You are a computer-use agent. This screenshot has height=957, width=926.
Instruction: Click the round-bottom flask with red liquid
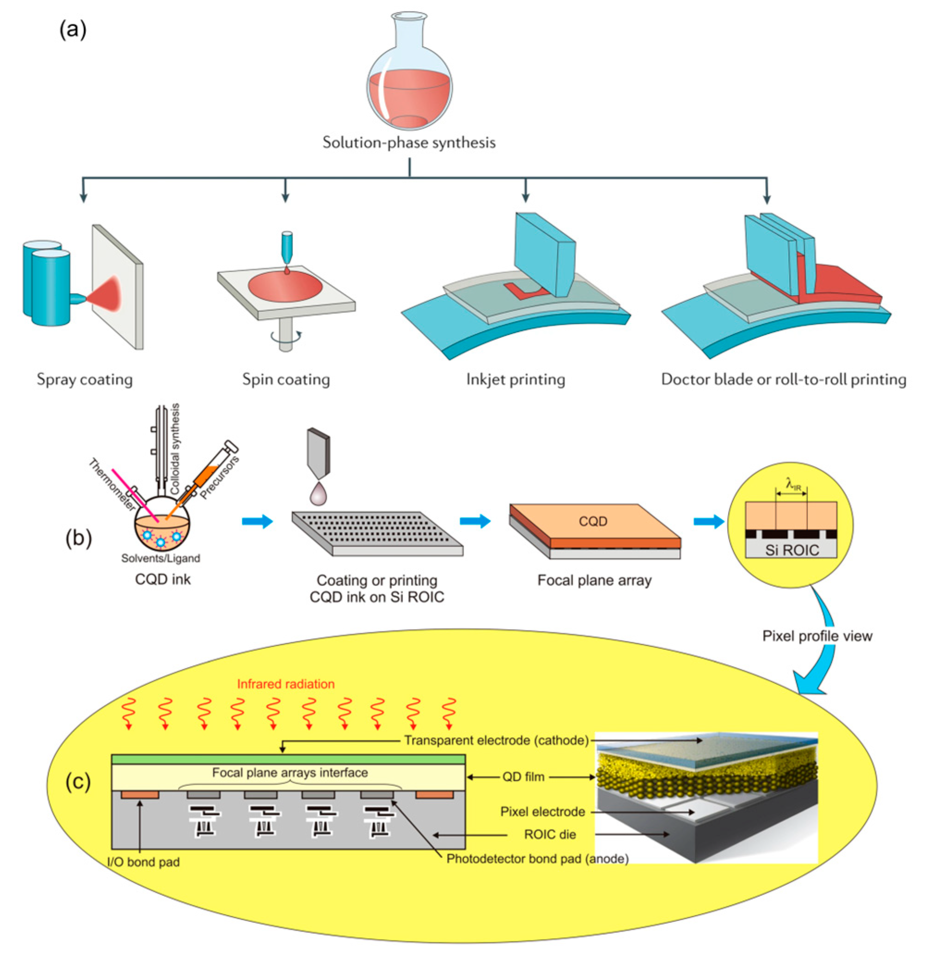pyautogui.click(x=409, y=83)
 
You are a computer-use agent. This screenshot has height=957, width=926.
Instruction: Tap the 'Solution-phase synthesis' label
pyautogui.click(x=409, y=142)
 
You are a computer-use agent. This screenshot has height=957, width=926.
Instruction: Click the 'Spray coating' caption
pyautogui.click(x=85, y=379)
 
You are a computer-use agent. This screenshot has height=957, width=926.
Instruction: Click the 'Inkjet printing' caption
pyautogui.click(x=515, y=379)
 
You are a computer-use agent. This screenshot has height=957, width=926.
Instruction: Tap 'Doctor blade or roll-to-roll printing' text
pyautogui.click(x=783, y=379)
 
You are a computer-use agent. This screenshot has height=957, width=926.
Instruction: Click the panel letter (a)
pyautogui.click(x=73, y=30)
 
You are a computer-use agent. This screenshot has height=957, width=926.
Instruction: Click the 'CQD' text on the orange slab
pyautogui.click(x=593, y=521)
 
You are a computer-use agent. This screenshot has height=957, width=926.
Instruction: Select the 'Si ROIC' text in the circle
pyautogui.click(x=791, y=550)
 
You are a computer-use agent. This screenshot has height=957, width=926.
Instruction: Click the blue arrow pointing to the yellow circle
pyautogui.click(x=708, y=521)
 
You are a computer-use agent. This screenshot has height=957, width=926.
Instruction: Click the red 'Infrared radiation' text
pyautogui.click(x=286, y=684)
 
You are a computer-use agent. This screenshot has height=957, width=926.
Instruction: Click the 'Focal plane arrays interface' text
pyautogui.click(x=289, y=773)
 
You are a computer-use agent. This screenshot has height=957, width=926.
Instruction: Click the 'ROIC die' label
pyautogui.click(x=550, y=834)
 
